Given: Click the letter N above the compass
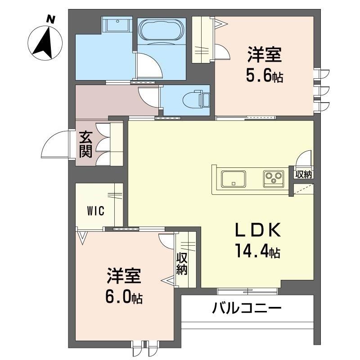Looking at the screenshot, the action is click(51, 19).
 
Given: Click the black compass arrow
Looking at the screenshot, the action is click(44, 42).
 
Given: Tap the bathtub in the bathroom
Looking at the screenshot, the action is click(162, 31).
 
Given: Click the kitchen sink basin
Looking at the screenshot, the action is click(234, 179).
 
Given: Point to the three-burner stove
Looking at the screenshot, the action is click(274, 179).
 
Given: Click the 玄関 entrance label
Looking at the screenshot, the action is click(85, 144).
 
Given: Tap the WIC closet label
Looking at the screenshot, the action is click(96, 211).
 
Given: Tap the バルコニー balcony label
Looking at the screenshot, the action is click(247, 308).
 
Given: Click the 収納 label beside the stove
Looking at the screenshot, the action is click(303, 175).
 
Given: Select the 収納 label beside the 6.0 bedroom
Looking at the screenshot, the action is click(182, 265).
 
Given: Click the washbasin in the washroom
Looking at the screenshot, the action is click(117, 24).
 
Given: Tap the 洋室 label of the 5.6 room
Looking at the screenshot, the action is click(265, 54).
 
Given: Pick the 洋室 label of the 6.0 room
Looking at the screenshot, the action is click(124, 276).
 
